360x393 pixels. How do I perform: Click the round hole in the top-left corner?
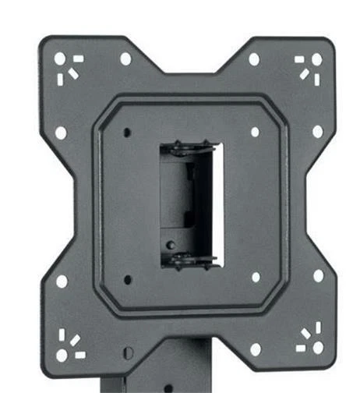(59, 58)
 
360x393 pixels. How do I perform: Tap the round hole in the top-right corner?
(316, 59)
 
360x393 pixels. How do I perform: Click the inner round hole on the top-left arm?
(125, 58)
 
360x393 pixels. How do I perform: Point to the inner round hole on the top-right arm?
(253, 58)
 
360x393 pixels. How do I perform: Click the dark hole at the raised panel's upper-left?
(127, 131)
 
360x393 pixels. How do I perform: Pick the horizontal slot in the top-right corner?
(301, 58)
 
